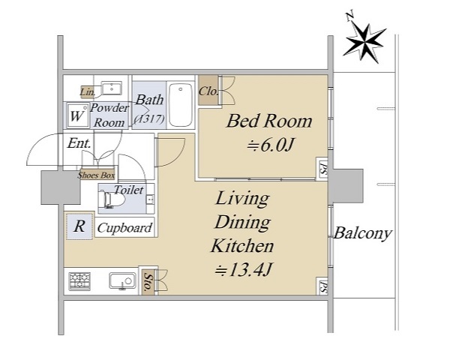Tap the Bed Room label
point(269,121)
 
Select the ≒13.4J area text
point(244,270)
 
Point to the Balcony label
point(363,233)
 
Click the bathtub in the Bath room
point(181,104)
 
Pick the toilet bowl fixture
point(112,199)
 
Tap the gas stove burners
point(79,281)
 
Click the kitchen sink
point(123,280)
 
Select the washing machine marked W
point(77,115)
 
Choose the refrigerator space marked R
point(79,226)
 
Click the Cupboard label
point(125,228)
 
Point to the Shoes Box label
point(96,175)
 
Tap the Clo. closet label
point(208,91)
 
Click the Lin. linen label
point(87,92)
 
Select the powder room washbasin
point(112,88)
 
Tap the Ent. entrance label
point(79,143)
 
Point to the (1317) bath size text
point(149,118)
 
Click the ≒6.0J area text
point(270,145)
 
